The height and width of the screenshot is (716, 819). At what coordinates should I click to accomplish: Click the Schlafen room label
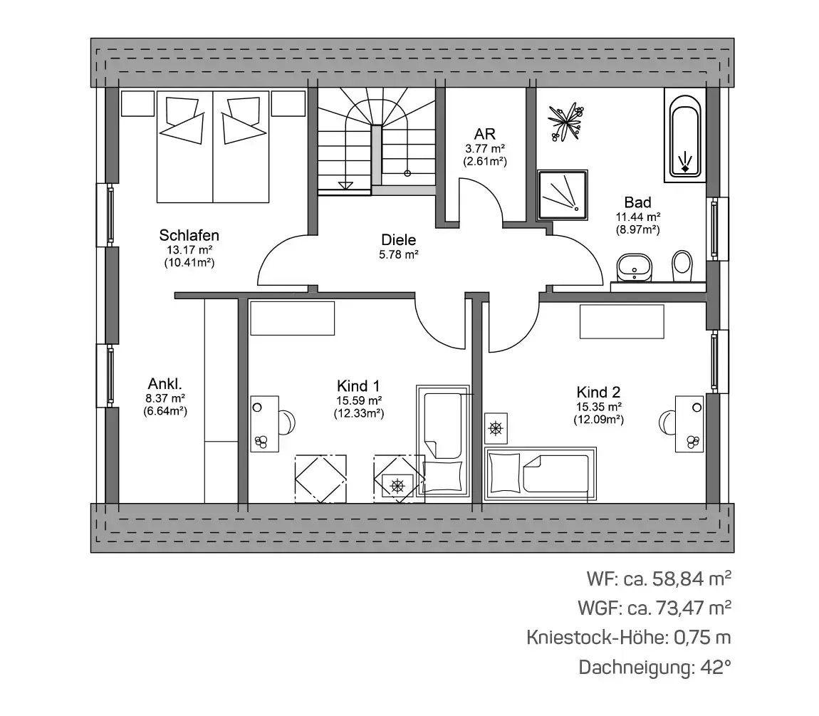pyautogui.click(x=189, y=235)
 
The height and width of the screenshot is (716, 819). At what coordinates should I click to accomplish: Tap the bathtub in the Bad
pyautogui.click(x=685, y=135)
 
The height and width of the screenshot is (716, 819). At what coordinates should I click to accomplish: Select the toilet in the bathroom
pyautogui.click(x=682, y=266)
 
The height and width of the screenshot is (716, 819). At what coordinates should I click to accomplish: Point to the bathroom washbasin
pyautogui.click(x=634, y=267)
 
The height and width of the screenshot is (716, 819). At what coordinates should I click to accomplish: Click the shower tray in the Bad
pyautogui.click(x=563, y=195)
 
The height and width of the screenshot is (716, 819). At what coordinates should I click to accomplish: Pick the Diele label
pyautogui.click(x=399, y=240)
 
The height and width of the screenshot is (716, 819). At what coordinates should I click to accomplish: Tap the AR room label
pyautogui.click(x=485, y=135)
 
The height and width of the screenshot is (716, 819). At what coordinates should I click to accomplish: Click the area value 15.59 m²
pyautogui.click(x=359, y=401)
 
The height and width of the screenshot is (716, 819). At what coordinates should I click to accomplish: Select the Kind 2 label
pyautogui.click(x=598, y=392)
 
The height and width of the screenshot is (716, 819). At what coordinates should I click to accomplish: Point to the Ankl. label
pyautogui.click(x=165, y=384)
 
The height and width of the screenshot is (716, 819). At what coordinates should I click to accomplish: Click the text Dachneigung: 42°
pyautogui.click(x=655, y=668)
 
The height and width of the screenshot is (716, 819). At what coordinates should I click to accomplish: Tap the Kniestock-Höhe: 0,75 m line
pyautogui.click(x=629, y=638)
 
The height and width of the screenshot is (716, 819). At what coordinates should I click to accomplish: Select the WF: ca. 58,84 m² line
pyautogui.click(x=659, y=578)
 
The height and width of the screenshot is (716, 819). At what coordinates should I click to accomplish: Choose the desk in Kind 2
pyautogui.click(x=689, y=424)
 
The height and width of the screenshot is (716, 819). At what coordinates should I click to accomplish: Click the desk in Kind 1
pyautogui.click(x=265, y=424)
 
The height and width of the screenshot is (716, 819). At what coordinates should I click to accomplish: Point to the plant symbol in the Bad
pyautogui.click(x=565, y=122)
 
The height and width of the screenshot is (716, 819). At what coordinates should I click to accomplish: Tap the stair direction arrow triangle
pyautogui.click(x=345, y=185)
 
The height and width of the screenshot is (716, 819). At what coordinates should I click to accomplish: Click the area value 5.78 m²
pyautogui.click(x=399, y=255)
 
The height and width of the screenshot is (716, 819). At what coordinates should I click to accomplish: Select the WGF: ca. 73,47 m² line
pyautogui.click(x=654, y=608)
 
